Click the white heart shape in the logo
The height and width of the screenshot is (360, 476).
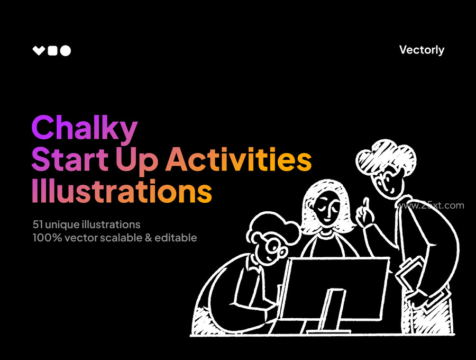click(39, 51)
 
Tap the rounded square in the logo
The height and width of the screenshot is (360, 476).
click(52, 51)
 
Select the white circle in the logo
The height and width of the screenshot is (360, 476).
click(65, 51)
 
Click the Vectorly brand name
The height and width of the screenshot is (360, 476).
click(422, 50)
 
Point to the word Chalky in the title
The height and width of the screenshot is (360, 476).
click(85, 128)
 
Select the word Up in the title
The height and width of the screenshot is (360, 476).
click(137, 161)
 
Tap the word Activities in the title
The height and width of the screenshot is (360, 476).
click(239, 159)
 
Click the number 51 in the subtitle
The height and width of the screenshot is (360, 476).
click(37, 224)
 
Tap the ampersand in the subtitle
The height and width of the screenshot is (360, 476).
click(149, 238)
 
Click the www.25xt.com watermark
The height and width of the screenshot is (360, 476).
click(431, 205)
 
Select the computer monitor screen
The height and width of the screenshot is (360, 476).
click(333, 289)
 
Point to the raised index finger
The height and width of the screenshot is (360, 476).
click(366, 205)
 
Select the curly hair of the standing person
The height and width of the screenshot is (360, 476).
click(385, 157)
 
